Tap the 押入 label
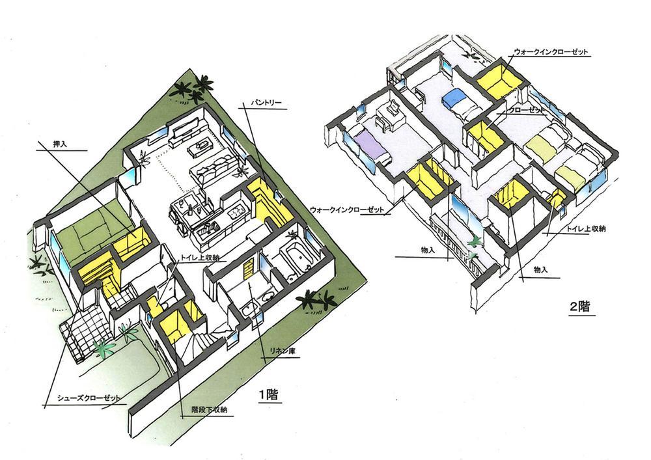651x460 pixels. pos(60,144)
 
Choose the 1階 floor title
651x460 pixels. pos(268,395)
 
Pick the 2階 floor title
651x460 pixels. pos(579,307)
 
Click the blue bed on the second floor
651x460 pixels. pos(452,98)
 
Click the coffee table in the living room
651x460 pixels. pos(201,147)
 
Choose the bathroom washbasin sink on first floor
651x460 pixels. pos(268,296)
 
